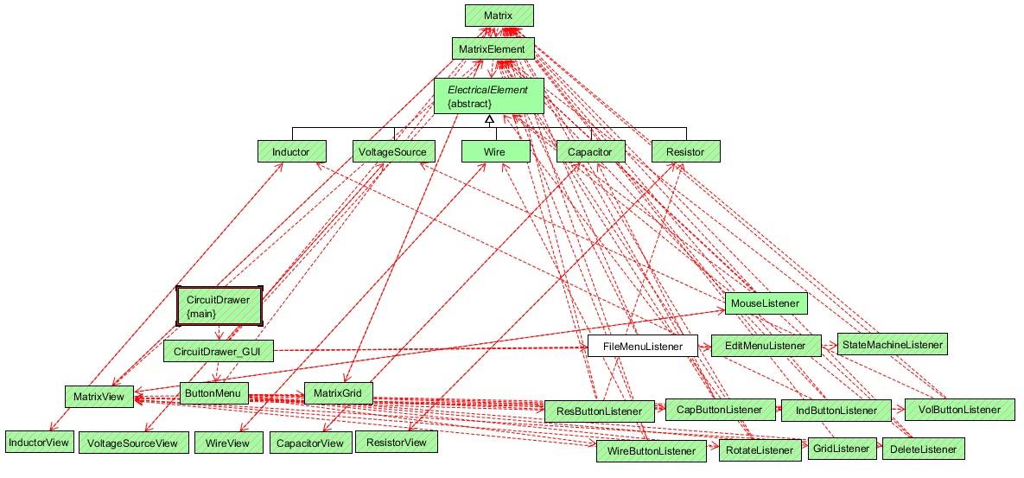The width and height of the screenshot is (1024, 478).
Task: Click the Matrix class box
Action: coord(499,15)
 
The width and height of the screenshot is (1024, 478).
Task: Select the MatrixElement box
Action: coord(492,48)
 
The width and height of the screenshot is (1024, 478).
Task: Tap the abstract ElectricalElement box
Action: coord(488,96)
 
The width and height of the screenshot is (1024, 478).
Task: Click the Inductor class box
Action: coord(290,151)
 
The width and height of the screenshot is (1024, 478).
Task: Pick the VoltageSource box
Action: coord(392,151)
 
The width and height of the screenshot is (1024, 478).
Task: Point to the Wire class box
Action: coord(495,151)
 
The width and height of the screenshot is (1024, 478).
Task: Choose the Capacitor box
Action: coord(590,151)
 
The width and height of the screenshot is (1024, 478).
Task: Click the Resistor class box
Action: coord(686,151)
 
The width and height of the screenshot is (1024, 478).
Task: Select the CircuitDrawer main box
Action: coord(219,306)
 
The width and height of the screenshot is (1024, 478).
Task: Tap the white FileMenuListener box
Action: coord(643,346)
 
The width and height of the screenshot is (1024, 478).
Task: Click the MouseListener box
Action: coord(766,303)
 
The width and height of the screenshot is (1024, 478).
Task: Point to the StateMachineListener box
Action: coord(892,343)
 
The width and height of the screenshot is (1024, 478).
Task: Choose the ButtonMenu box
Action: coord(214,393)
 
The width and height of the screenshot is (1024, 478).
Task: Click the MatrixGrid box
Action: coord(338,393)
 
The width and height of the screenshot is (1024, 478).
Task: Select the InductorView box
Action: coord(39,442)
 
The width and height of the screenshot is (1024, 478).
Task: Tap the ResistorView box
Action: coord(397,442)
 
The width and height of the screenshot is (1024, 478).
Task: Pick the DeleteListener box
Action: coord(923,449)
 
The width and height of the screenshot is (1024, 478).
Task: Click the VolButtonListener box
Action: coord(959,410)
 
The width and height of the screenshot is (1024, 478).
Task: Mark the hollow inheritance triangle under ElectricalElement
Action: coord(488,118)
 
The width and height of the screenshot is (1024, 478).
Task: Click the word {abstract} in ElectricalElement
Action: coord(469,103)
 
